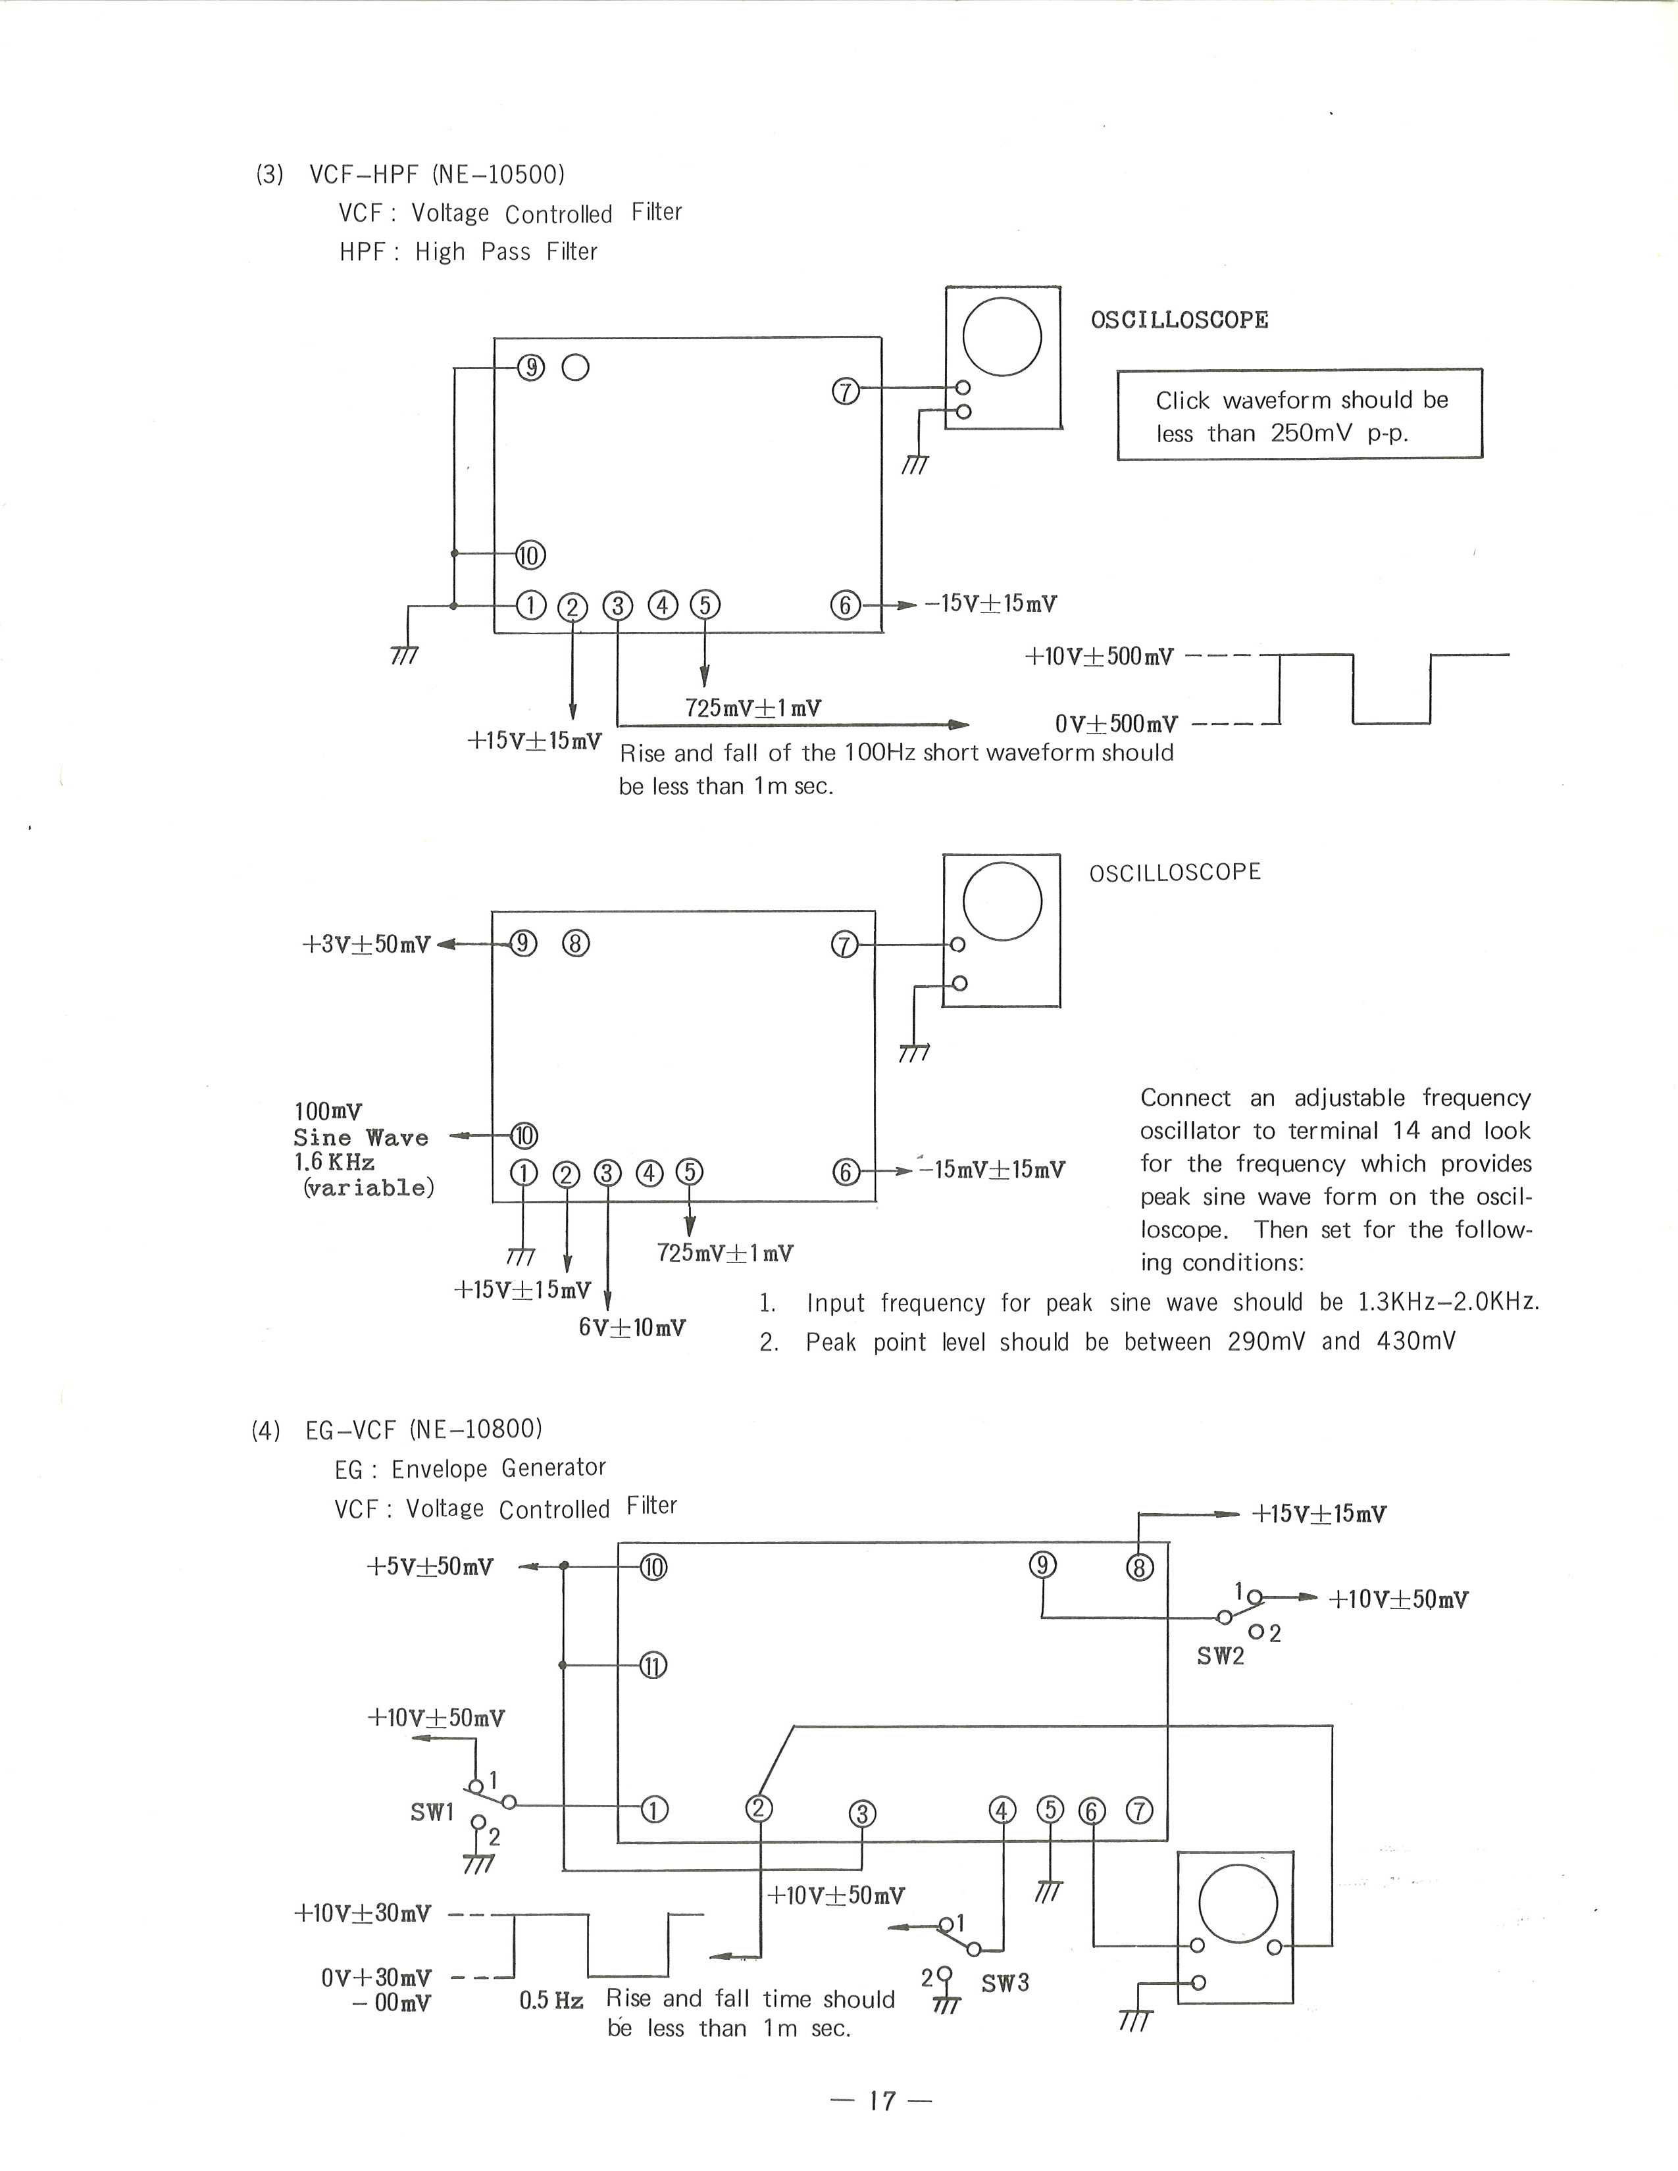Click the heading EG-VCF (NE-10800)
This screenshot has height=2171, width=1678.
[424, 1430]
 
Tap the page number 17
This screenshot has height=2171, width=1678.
[882, 2101]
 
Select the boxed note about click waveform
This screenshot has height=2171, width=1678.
[1299, 414]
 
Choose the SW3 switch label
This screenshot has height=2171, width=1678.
[1005, 1983]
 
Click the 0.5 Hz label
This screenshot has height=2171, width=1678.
[551, 2000]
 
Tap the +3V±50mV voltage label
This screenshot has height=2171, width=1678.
[366, 944]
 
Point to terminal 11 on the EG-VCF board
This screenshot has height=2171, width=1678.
[652, 1666]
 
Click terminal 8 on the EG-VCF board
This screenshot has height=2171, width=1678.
[1139, 1568]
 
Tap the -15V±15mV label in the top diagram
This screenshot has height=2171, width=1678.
[990, 603]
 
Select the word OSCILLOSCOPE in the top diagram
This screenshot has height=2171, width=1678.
[1179, 320]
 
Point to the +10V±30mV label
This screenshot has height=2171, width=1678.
[363, 1914]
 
